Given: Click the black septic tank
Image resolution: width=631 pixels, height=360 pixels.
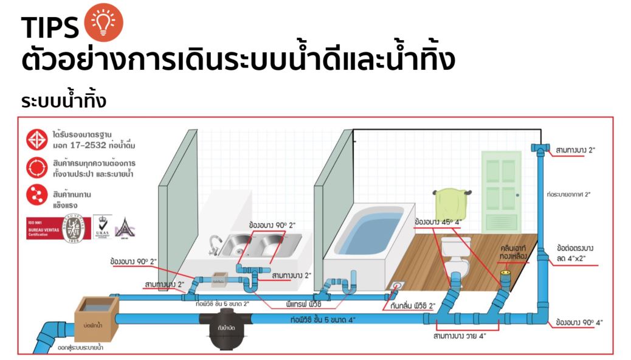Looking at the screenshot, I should [222, 328].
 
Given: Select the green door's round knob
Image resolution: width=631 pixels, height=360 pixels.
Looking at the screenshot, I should [517, 194].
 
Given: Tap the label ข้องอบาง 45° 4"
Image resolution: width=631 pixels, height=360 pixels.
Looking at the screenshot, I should [438, 223].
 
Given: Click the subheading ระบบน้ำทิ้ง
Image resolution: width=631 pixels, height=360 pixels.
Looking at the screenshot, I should [63, 100].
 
